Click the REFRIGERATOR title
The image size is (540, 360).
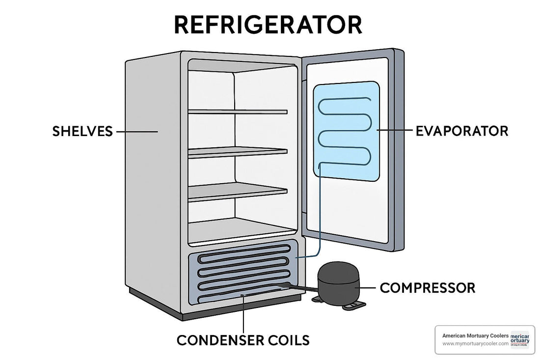click(268, 25)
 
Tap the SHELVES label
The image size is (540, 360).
click(82, 132)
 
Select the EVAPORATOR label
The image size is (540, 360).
click(461, 131)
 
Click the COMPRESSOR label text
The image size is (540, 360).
click(427, 288)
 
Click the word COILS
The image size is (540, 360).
click(289, 340)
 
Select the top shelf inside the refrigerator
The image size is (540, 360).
click(237, 112)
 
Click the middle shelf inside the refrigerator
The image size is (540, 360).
click(237, 152)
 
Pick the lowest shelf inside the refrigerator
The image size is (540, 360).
click(237, 192)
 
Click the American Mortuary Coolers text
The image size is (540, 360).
click(475, 335)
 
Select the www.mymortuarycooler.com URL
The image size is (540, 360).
click(475, 344)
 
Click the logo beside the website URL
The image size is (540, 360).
click(520, 339)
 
